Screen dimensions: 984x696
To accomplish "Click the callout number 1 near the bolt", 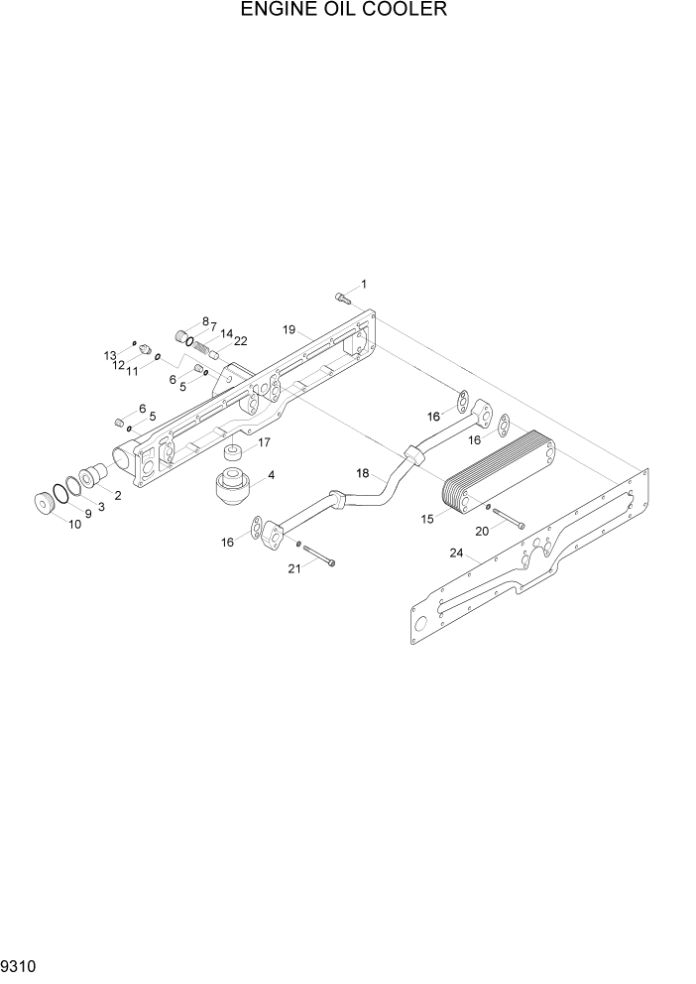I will click(x=363, y=285).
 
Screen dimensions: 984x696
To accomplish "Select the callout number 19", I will click(x=289, y=329).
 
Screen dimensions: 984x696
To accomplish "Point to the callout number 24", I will click(x=456, y=553).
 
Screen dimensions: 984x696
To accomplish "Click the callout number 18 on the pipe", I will click(x=363, y=474).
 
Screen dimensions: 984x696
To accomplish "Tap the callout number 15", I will click(x=429, y=519).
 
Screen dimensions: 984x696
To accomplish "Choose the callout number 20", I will click(x=483, y=532).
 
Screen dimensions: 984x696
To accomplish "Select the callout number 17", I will click(x=265, y=442).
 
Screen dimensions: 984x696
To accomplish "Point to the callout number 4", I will click(x=271, y=475).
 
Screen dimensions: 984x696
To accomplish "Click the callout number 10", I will click(x=74, y=524).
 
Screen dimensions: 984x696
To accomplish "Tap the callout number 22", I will click(x=240, y=342).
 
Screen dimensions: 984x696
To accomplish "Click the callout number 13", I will click(x=111, y=354).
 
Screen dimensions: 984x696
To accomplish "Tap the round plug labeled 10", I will click(x=46, y=503).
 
